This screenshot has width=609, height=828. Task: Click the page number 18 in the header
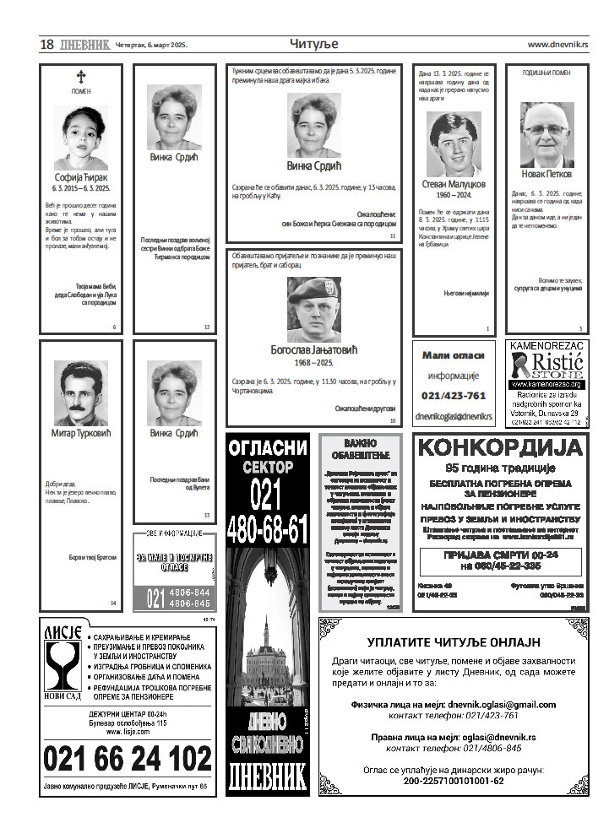coord(46,45)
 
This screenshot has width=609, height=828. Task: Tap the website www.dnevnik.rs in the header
coord(557,45)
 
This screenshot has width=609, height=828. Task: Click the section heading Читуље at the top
coord(313,44)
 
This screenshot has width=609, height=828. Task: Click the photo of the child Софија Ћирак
coord(80,138)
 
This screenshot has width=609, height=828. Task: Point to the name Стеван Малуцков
coord(453,183)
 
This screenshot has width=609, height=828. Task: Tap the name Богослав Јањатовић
coord(313,348)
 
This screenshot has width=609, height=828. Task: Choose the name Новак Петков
coord(546,175)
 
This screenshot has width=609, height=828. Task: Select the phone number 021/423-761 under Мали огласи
coord(454,396)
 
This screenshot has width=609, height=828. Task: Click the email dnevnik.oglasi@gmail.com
coord(502,704)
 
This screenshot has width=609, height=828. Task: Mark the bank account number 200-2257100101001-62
coord(453,781)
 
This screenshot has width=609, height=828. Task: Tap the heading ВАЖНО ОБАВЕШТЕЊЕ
coord(360,449)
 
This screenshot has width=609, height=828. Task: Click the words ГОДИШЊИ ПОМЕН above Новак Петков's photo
coord(546,73)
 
